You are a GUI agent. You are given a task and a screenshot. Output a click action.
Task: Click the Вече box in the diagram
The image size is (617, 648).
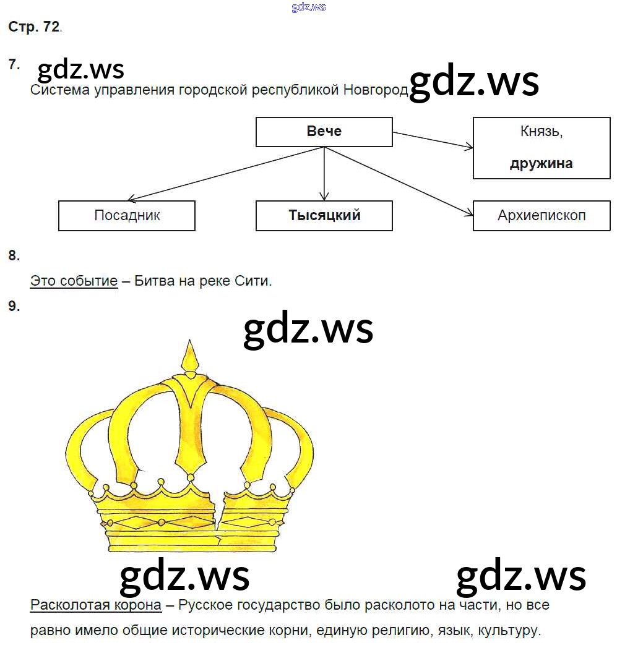pos(324,132)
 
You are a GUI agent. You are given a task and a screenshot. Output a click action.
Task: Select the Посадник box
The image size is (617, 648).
pos(127,215)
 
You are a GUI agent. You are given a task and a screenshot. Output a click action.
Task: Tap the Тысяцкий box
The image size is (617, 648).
pos(324,215)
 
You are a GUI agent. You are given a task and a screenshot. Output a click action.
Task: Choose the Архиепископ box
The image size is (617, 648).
pos(541,215)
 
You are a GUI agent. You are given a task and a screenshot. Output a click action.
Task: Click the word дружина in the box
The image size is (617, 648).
pos(541,164)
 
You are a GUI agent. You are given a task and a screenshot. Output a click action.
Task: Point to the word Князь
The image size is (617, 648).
pos(541,132)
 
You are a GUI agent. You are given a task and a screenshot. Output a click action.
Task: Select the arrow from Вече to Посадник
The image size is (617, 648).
pos(226,174)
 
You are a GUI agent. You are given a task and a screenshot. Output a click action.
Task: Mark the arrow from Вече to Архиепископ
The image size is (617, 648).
pos(399,180)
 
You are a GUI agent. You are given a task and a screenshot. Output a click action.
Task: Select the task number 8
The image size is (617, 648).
pos(14,255)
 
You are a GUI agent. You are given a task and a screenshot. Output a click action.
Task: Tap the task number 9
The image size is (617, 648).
pos(14,305)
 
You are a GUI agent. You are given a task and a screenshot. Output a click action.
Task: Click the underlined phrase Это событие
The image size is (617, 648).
pos(74,281)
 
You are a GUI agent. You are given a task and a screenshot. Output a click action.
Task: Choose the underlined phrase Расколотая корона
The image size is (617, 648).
pos(96,605)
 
